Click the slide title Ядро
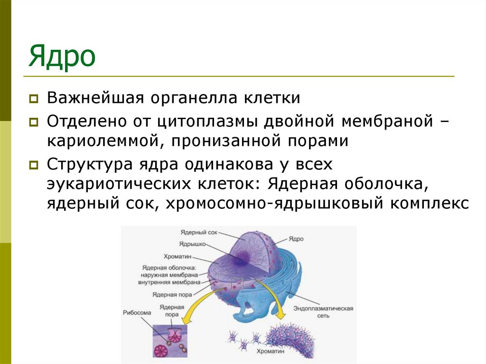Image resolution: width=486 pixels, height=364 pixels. (62, 57)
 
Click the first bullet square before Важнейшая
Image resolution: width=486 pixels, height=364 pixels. (34, 99)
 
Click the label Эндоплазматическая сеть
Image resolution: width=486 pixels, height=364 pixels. (323, 312)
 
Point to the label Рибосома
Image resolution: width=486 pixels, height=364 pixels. (137, 313)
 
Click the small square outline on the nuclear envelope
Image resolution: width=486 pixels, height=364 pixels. (236, 284)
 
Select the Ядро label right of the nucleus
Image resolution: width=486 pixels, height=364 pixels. (296, 239)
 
